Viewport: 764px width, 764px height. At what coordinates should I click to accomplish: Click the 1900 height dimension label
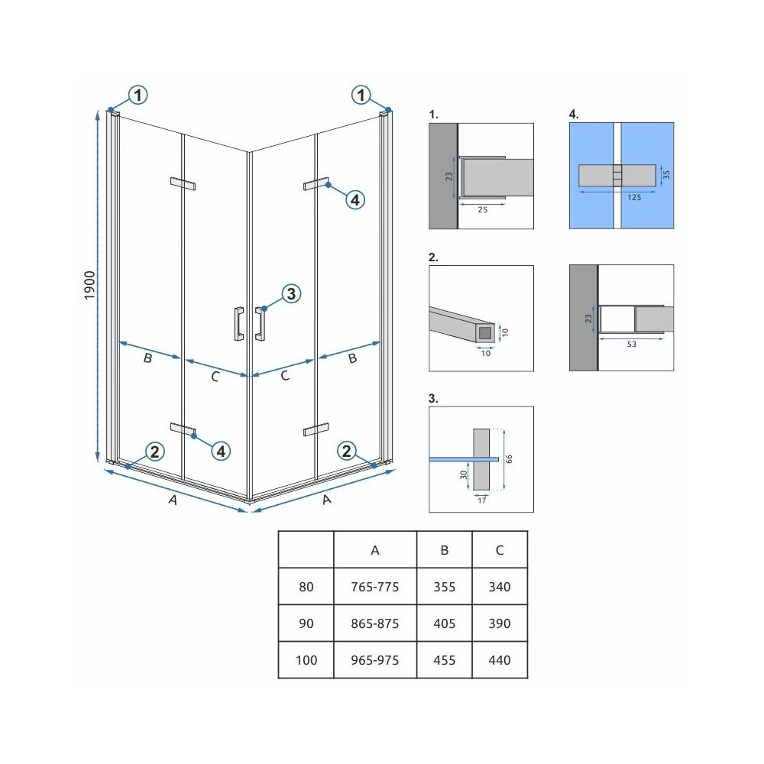click(x=89, y=285)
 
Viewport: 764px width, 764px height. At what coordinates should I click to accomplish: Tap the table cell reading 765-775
click(x=374, y=588)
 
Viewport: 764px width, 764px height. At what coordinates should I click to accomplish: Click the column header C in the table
click(x=500, y=550)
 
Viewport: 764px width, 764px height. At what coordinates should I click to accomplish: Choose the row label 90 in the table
click(x=306, y=623)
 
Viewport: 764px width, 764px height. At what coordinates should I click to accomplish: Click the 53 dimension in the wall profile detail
click(x=630, y=344)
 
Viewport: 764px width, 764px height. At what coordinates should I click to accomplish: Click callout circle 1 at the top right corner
click(x=361, y=95)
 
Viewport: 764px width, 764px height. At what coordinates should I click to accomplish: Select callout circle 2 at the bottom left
click(x=154, y=452)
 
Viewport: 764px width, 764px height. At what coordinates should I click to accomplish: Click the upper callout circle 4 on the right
click(x=354, y=200)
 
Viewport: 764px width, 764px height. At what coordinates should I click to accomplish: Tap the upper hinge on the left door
click(x=183, y=183)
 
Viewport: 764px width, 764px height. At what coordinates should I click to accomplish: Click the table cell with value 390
click(x=500, y=623)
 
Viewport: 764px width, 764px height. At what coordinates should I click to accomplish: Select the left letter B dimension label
click(x=147, y=358)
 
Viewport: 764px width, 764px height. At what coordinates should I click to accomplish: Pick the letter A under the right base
click(x=327, y=500)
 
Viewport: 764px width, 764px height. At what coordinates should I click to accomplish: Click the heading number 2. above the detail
click(x=433, y=257)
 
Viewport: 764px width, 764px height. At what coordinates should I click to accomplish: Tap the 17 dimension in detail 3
click(x=480, y=501)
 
